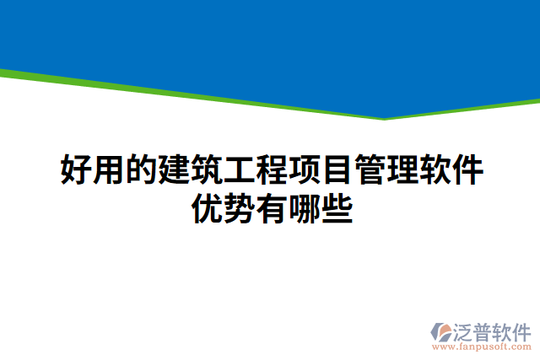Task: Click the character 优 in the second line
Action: point(206,207)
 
